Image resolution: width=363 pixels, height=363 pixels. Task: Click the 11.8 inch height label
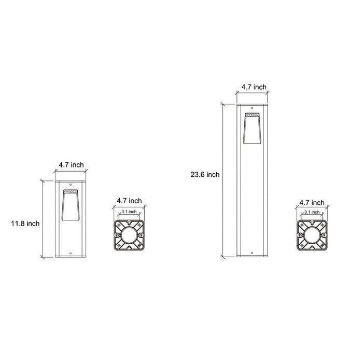coord(25,224)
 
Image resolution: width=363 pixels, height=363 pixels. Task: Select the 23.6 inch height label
coord(205,175)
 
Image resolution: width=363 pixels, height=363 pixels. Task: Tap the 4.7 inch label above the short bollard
coord(71,164)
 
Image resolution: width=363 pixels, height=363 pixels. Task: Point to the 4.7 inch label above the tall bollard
coord(254,88)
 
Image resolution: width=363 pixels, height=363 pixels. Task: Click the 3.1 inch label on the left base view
coord(129,212)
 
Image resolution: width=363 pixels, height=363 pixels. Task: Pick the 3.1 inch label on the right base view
coord(312,212)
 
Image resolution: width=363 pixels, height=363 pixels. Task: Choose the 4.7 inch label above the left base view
coord(129,201)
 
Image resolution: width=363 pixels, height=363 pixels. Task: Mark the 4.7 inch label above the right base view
coord(312,202)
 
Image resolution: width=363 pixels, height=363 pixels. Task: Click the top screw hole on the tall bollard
coord(252,107)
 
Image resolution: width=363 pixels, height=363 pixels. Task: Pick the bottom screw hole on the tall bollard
coord(252,254)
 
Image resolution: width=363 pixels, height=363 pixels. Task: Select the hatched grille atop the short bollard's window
coord(69,192)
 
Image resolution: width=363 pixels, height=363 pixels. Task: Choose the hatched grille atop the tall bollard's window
coord(252,115)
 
